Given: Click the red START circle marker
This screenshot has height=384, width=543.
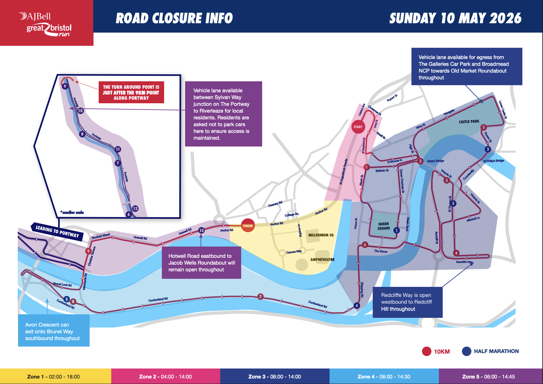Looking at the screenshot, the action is click(x=358, y=127).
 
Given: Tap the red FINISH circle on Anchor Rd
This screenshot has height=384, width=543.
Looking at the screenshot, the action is click(x=248, y=226).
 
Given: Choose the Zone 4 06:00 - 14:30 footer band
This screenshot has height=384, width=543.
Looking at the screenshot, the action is click(x=384, y=376).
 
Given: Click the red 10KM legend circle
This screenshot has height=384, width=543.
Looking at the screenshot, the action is click(x=427, y=351).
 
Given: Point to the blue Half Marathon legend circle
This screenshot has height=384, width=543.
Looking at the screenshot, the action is click(x=467, y=351).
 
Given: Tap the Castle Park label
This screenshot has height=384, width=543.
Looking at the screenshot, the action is click(x=469, y=122).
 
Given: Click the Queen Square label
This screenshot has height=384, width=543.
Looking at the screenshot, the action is click(x=384, y=226).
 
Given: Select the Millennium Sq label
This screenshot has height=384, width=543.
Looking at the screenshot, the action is click(x=321, y=235).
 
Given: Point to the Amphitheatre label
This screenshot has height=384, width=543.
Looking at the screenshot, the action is click(x=322, y=259).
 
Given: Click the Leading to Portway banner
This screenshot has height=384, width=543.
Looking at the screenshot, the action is click(x=57, y=231).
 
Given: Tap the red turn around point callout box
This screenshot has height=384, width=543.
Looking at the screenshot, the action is click(x=131, y=92).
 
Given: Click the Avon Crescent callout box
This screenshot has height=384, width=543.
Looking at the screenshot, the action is click(x=54, y=331).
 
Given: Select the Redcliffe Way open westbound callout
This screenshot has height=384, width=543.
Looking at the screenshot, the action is click(x=407, y=302).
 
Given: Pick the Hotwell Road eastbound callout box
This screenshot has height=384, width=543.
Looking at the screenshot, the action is click(x=202, y=263).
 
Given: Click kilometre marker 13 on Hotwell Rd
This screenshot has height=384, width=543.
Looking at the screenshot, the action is click(x=202, y=230).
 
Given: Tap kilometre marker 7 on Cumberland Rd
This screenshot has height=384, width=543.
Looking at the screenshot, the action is click(x=261, y=297).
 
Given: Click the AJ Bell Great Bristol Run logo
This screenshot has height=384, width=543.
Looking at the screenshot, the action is click(x=46, y=23).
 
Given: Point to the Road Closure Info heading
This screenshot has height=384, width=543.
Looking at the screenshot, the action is click(x=174, y=18).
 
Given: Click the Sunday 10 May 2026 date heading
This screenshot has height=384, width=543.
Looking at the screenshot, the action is click(x=455, y=18).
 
